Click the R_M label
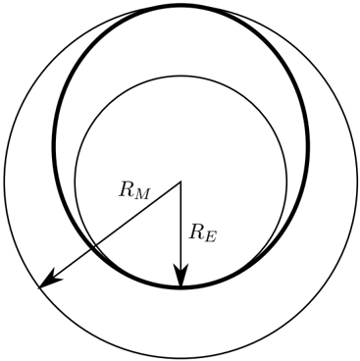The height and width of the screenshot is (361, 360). click(134, 190)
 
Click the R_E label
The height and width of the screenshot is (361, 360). click(202, 233)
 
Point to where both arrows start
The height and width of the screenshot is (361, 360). click(180, 181)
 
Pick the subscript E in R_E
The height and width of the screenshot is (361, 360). click(210, 237)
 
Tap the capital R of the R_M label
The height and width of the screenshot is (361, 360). click(126, 189)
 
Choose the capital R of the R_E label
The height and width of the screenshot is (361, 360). click(196, 232)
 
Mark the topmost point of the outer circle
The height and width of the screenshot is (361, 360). click(180, 5)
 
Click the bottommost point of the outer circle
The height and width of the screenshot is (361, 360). click(180, 358)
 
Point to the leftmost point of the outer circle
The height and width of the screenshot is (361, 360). click(4, 181)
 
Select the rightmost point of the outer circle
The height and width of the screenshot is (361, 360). click(357, 181)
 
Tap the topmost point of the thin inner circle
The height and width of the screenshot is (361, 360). click(180, 76)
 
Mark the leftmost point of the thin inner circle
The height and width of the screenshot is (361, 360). click(75, 181)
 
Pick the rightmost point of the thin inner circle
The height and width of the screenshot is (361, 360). click(286, 181)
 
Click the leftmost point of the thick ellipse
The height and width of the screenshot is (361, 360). click(54, 146)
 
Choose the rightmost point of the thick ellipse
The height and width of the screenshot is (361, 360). click(308, 146)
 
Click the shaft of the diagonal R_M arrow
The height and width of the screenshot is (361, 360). click(110, 234)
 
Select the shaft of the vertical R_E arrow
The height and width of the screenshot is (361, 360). click(180, 234)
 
